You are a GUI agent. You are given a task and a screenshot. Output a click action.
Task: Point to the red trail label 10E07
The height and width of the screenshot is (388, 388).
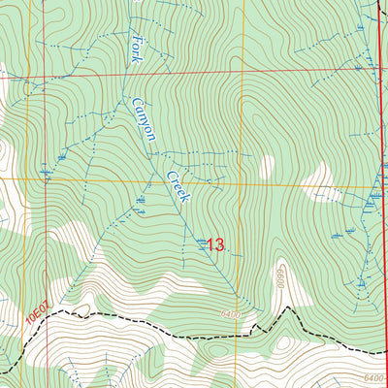36,313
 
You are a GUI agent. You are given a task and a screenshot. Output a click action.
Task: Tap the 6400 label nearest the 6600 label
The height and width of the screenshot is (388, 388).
230,315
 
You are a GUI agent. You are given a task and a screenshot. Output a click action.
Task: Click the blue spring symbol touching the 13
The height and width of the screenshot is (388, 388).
201,244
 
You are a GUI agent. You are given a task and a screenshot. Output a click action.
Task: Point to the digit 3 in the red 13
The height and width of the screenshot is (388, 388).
219,245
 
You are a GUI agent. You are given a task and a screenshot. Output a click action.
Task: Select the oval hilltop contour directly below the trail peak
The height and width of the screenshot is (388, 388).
286,341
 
